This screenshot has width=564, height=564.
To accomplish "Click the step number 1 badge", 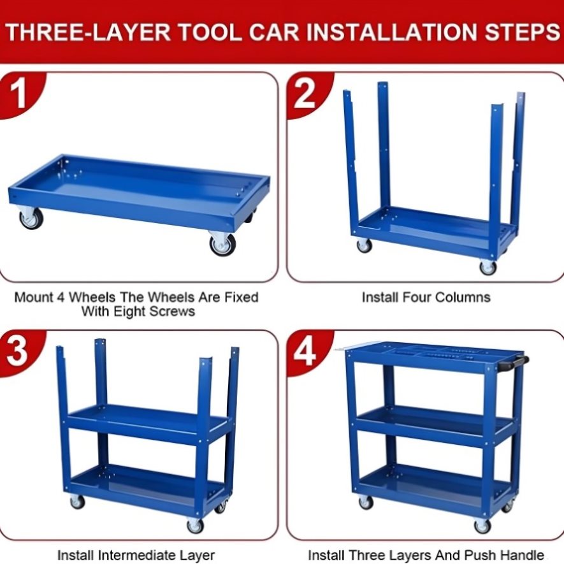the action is [x=18, y=94].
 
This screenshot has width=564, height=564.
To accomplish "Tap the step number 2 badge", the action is [x=305, y=94].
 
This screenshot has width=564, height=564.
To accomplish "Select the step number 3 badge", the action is [x=17, y=352].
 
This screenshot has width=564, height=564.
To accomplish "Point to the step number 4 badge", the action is [x=305, y=352].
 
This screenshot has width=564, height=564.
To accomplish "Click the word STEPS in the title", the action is [x=522, y=32].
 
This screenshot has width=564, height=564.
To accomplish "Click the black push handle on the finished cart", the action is [x=514, y=363].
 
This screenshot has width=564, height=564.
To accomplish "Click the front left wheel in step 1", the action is [x=31, y=219].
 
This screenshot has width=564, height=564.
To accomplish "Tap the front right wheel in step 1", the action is [x=222, y=244].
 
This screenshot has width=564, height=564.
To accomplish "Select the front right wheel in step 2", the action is [x=488, y=268].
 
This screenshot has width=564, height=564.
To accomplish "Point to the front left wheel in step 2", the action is [x=364, y=245].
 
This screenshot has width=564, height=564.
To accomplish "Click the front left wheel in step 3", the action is [x=77, y=502].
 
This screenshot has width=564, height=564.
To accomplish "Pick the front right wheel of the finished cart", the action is [x=482, y=526].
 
